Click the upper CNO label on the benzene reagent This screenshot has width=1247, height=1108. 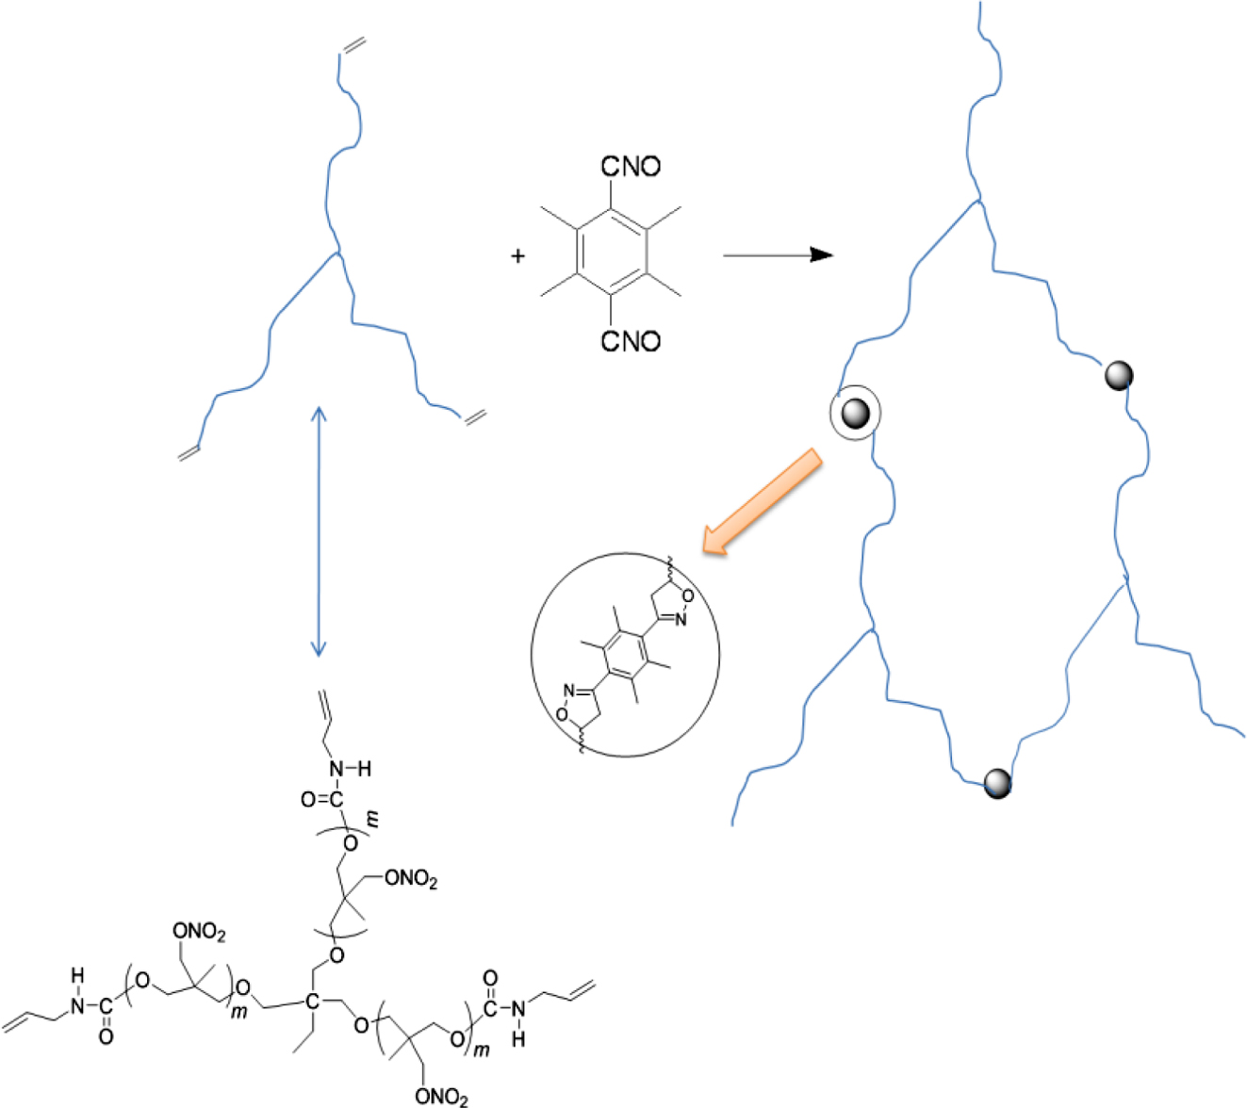tap(631, 167)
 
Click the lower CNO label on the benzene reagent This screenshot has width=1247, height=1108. tap(631, 340)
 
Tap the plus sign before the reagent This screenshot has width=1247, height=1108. tap(517, 255)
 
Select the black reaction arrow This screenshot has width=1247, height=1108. tap(777, 254)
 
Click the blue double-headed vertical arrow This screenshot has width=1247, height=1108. tap(319, 531)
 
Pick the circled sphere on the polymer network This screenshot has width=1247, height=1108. tap(855, 413)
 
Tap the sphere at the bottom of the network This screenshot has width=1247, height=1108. tap(997, 782)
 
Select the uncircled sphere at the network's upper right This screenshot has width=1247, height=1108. tap(1119, 376)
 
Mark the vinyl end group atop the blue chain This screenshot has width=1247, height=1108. tap(353, 45)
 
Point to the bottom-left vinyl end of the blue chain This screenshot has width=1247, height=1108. tap(189, 453)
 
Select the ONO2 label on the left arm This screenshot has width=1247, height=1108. tap(199, 933)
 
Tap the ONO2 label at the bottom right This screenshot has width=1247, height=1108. tap(441, 1096)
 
